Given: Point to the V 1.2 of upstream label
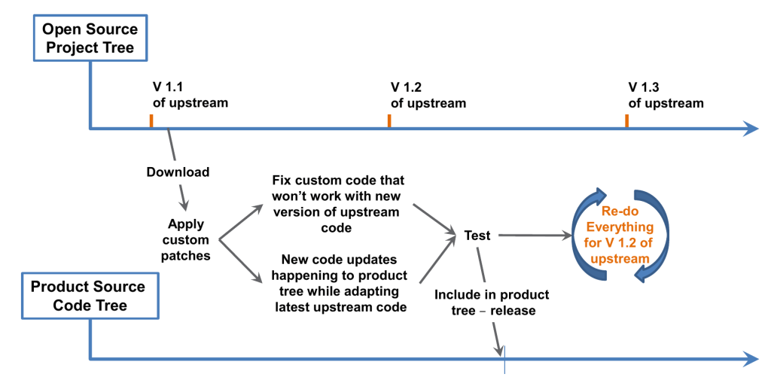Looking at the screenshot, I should tap(428, 96).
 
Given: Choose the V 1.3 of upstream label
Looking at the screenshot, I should tap(666, 96).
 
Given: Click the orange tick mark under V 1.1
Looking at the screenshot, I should tap(151, 121).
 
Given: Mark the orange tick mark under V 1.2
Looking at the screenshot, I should tap(389, 121).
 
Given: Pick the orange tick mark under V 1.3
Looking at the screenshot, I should tap(626, 121).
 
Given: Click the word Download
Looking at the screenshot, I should tap(178, 172).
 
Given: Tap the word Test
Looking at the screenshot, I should tap(477, 236).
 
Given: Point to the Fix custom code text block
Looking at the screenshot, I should tap(337, 204).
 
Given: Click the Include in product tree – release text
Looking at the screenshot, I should tap(492, 302).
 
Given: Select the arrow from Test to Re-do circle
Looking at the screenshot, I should tap(535, 236).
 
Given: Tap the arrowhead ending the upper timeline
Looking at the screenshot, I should tap(750, 129).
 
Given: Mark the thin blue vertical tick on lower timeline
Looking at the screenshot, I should tap(504, 360).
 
